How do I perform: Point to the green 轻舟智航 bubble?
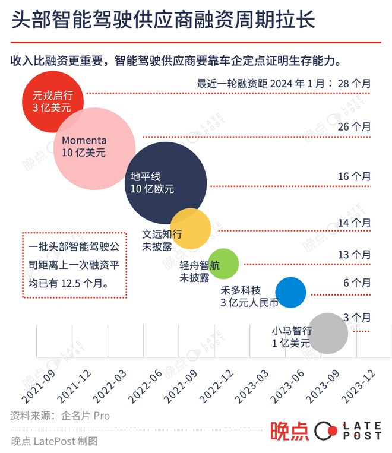(x=223, y=263)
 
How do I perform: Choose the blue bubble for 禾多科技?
(x=290, y=292)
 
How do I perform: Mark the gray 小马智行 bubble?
(x=328, y=333)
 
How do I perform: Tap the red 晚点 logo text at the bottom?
(x=289, y=431)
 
